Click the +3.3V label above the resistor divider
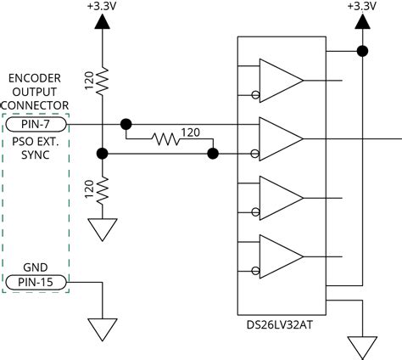tap(101, 6)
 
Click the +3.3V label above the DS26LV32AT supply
tap(361, 6)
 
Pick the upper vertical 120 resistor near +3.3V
tap(101, 82)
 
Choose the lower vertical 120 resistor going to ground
tap(101, 189)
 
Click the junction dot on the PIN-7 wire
tap(126, 124)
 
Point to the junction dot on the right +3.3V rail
tap(361, 51)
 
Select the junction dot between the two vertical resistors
tap(101, 154)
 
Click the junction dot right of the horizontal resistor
tap(213, 154)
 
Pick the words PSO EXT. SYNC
tap(36, 149)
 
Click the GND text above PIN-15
tap(36, 265)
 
